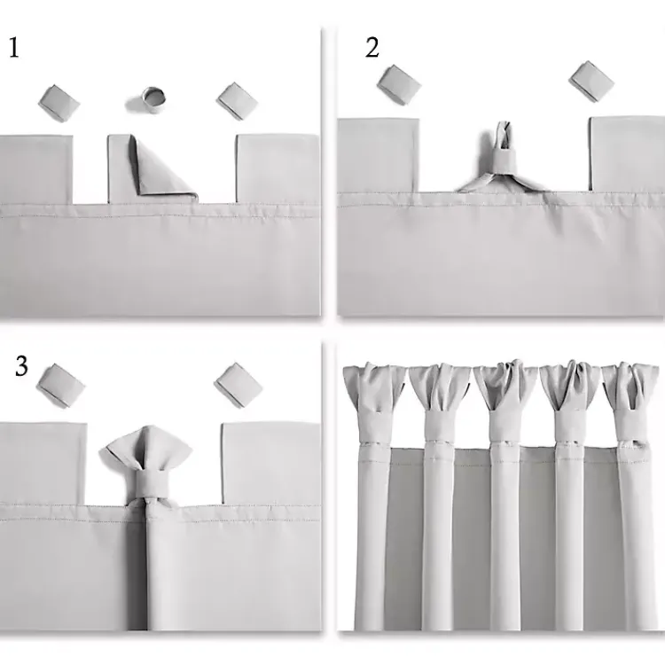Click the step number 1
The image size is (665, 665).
[x=13, y=48]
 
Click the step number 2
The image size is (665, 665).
[x=372, y=48]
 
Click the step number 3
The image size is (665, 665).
[x=21, y=367]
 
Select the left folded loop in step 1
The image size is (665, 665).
[x=59, y=103]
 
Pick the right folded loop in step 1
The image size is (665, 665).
[x=237, y=101]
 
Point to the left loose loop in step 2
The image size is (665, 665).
[x=398, y=84]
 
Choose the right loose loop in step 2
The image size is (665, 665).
[x=591, y=81]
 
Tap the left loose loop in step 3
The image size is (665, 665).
[x=61, y=385]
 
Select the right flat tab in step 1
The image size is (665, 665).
[x=278, y=168]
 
